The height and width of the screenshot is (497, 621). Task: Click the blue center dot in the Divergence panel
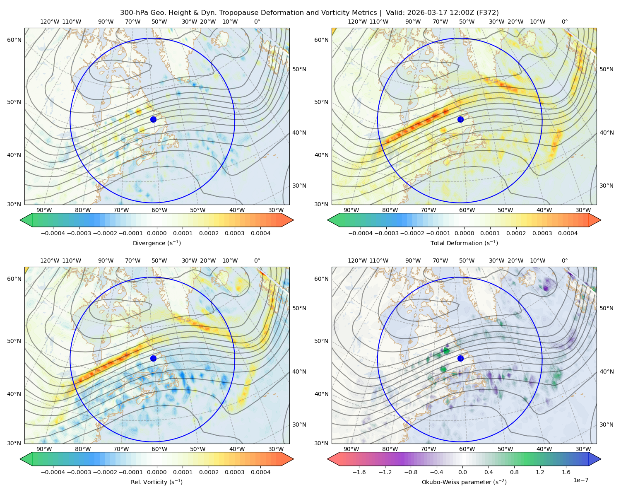(x=153, y=119)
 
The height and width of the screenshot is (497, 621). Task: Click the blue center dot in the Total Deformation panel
(x=460, y=119)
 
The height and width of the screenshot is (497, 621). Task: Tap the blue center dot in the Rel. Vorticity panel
(x=153, y=358)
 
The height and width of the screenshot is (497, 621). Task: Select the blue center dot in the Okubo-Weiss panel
(x=460, y=358)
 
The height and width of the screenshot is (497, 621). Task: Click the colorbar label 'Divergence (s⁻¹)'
(x=156, y=243)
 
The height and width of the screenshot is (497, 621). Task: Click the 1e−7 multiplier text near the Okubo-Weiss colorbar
(x=580, y=480)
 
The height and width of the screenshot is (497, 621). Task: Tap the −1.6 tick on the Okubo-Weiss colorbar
(x=359, y=472)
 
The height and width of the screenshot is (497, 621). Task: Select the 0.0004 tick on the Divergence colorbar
(x=260, y=233)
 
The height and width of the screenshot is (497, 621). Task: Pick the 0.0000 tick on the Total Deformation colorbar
(x=465, y=233)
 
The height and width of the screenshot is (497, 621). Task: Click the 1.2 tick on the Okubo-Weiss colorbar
(x=540, y=472)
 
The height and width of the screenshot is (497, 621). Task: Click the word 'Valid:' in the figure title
(x=395, y=13)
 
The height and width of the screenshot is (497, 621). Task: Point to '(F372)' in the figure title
(x=488, y=13)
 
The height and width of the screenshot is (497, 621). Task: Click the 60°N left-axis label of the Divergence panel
(x=14, y=40)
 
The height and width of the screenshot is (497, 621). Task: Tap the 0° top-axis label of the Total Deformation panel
(x=565, y=22)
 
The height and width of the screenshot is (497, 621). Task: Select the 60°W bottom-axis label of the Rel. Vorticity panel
(x=159, y=449)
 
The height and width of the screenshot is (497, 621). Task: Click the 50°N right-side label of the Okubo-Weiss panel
(x=606, y=308)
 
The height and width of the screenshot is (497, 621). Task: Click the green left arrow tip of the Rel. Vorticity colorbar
(x=20, y=459)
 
